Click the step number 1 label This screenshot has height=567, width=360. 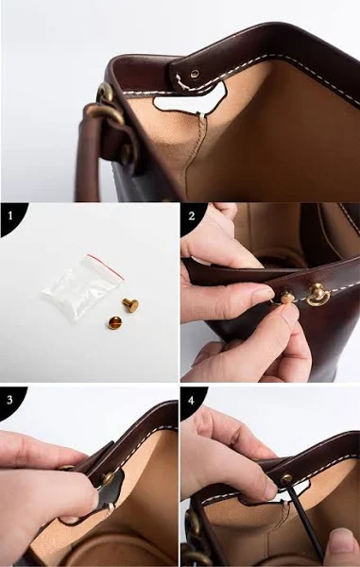[10, 216]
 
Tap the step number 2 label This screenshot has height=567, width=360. [192, 216]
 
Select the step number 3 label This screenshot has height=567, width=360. [9, 400]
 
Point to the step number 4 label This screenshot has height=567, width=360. [191, 401]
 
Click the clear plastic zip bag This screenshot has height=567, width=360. [82, 286]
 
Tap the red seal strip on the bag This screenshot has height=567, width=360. [106, 266]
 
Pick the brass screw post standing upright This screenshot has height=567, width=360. [130, 305]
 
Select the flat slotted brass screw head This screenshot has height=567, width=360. [114, 322]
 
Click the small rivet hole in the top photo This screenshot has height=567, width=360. [195, 74]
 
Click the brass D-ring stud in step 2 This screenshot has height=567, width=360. [317, 295]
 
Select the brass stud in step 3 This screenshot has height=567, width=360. [108, 478]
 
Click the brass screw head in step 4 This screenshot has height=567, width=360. [286, 479]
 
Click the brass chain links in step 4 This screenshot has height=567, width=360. [192, 535]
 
